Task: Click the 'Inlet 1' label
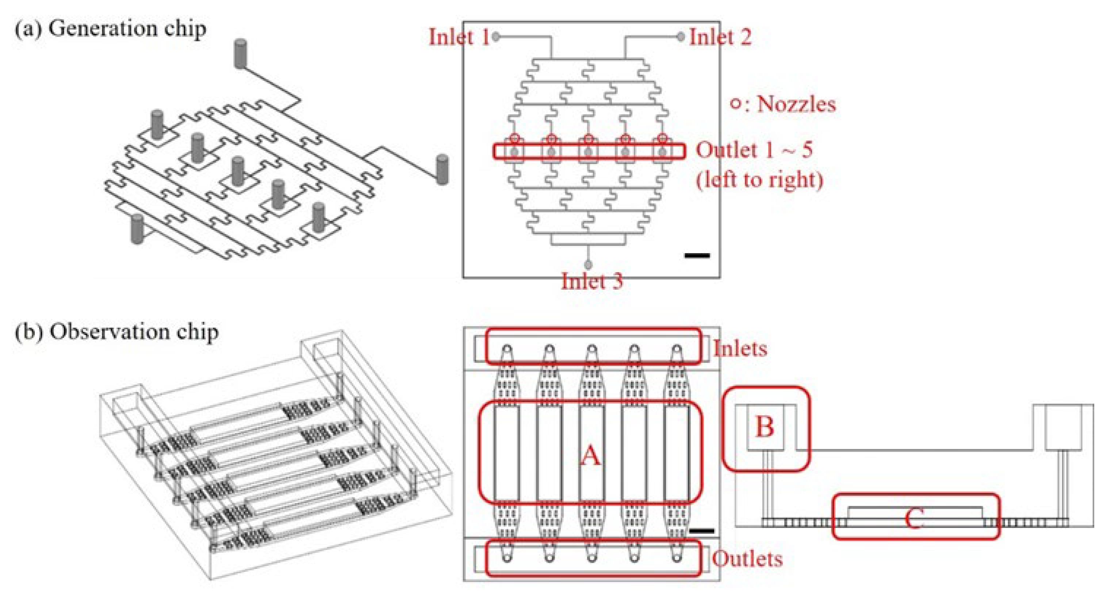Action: tap(459, 37)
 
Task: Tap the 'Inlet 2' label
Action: tap(720, 37)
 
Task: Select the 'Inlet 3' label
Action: tap(592, 282)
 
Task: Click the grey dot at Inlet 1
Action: tap(496, 37)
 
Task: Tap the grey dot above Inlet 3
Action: tap(588, 264)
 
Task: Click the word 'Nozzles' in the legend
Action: tap(796, 104)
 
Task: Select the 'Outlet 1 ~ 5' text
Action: tap(754, 150)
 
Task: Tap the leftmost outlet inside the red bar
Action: tap(514, 152)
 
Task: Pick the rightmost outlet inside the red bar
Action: tap(662, 152)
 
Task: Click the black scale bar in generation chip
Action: tap(697, 256)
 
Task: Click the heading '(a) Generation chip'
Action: tap(111, 29)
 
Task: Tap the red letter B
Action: tap(765, 427)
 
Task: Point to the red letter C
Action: tap(914, 519)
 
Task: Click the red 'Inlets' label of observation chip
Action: tap(740, 349)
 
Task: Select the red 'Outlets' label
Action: tap(747, 559)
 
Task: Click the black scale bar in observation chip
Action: tap(702, 531)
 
